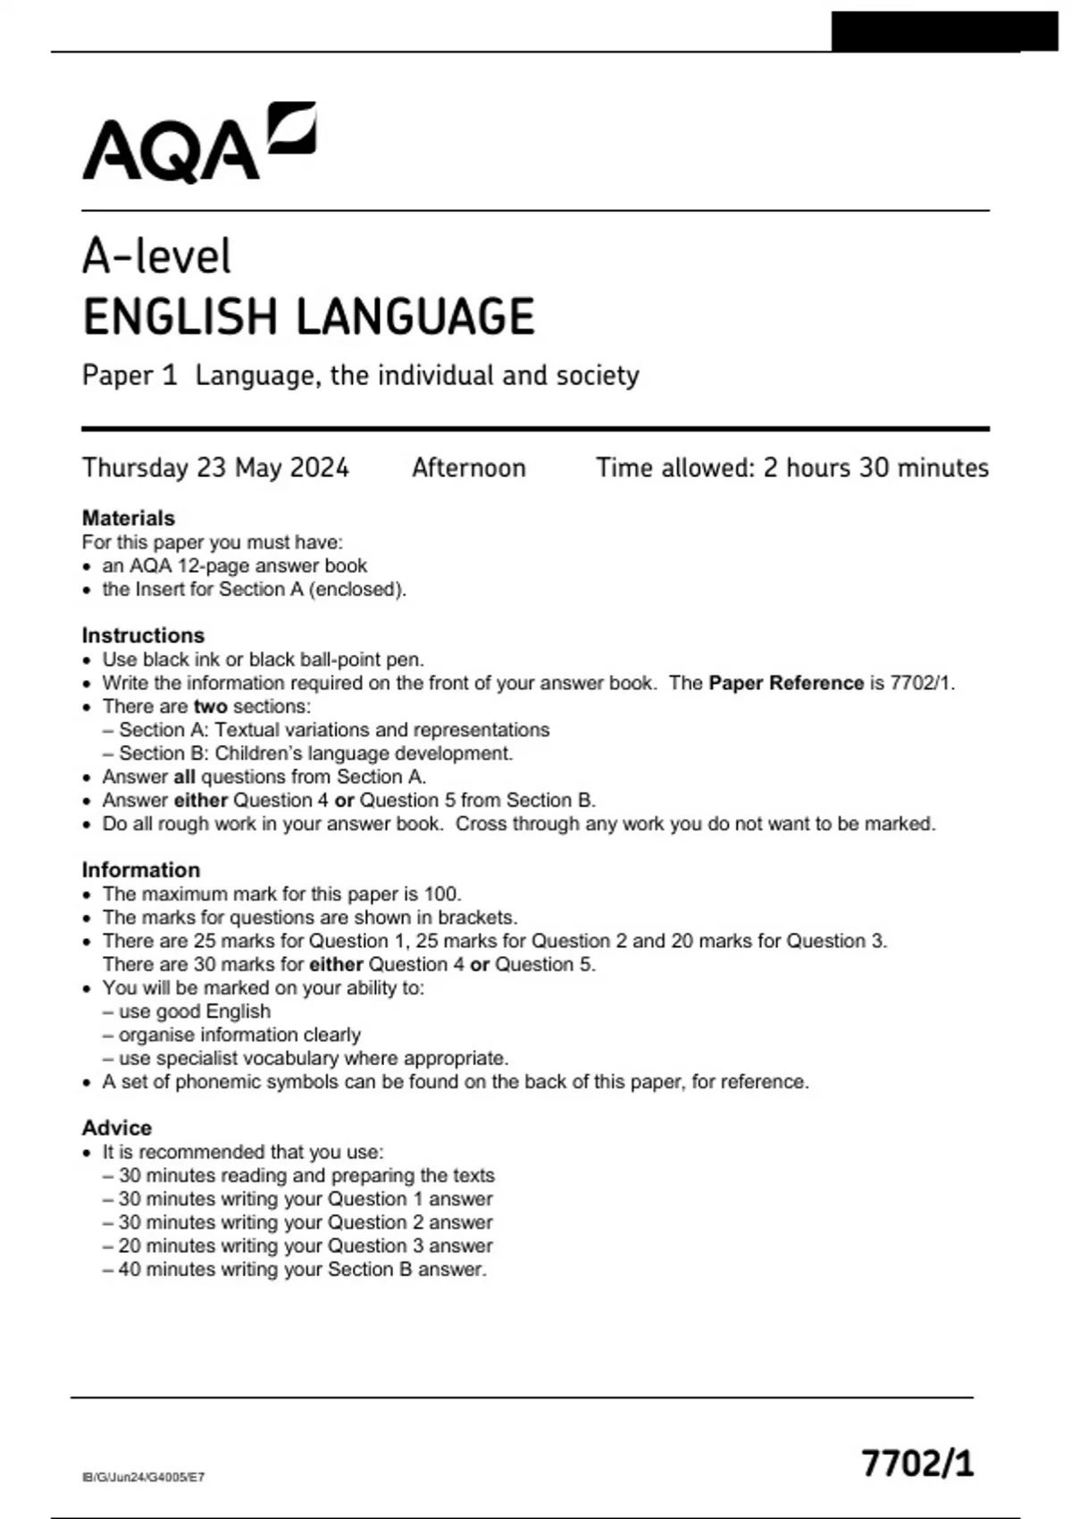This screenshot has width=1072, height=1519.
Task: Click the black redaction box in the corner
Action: point(943,31)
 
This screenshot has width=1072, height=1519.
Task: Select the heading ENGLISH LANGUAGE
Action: point(308,317)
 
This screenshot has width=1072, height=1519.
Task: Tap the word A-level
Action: point(156,256)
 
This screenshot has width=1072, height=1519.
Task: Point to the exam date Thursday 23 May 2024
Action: point(215,468)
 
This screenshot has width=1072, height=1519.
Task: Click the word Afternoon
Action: point(468,468)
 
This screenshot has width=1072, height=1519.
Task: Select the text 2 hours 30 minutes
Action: point(875,468)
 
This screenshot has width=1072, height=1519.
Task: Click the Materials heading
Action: point(128,518)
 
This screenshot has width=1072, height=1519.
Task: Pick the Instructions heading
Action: point(143,635)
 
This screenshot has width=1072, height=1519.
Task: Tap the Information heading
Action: point(140,869)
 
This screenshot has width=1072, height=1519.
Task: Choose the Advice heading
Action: point(116,1128)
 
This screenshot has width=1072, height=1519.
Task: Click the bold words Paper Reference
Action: point(786,684)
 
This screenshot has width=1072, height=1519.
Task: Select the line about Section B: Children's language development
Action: point(315,753)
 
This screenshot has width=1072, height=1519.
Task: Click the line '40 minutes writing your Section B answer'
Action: point(302,1270)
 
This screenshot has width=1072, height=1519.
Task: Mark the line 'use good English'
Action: point(194,1011)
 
